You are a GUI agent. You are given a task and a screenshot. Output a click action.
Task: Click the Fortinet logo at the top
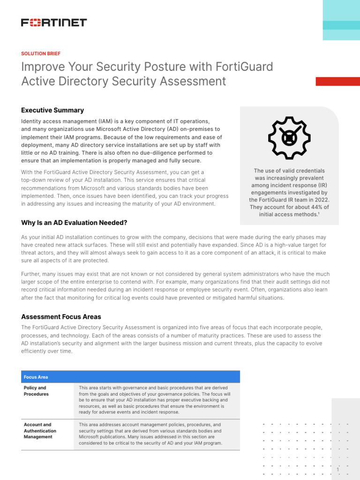pos(54,22)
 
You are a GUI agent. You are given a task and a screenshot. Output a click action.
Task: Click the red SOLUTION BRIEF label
pos(41,53)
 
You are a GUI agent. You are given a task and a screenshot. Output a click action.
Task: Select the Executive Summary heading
pos(52,110)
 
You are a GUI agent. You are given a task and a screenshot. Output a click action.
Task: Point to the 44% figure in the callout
pos(313,207)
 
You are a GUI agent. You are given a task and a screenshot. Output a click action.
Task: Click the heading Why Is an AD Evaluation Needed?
pos(74,222)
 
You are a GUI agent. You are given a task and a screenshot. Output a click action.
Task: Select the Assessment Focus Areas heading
pos(61,316)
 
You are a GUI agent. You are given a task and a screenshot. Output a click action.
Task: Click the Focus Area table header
pos(36,377)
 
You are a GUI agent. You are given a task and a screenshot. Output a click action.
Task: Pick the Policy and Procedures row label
pos(36,391)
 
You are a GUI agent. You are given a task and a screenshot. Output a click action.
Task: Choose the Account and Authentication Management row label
pos(40,430)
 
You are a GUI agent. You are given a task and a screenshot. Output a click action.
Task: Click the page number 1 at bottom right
pos(337,469)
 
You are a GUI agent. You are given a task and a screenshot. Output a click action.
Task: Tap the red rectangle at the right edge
pos(337,81)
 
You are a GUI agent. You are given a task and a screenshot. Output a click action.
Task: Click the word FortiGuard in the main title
pos(244,67)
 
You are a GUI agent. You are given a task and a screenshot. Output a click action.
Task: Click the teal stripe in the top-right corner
pos(341,25)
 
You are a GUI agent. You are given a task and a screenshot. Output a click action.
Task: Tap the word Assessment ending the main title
pos(193,81)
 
